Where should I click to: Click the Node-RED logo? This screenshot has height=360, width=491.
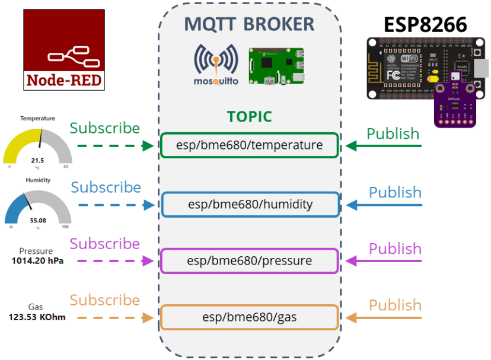pos(64,50)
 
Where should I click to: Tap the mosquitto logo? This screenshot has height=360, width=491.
pos(216,64)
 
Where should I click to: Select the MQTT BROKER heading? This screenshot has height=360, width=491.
pos(249,24)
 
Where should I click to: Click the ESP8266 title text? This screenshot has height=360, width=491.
pos(425,24)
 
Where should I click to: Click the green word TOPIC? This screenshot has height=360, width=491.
pos(249,117)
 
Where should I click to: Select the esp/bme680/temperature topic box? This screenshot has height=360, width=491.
pos(249,145)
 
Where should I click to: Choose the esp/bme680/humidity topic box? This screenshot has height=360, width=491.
pos(250,205)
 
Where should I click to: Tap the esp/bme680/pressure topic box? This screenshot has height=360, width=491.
pos(249,261)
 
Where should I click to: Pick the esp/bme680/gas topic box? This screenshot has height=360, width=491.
pos(249,317)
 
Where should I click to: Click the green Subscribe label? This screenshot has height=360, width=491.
pos(105,128)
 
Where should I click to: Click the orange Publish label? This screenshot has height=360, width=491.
pos(395,305)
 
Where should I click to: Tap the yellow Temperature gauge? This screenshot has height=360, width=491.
pos(37,145)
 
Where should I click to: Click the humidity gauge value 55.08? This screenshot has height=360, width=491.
pos(38,220)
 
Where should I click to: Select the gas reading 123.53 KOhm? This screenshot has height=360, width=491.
pos(37,317)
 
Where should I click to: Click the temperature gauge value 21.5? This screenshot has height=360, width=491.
pos(37,161)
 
